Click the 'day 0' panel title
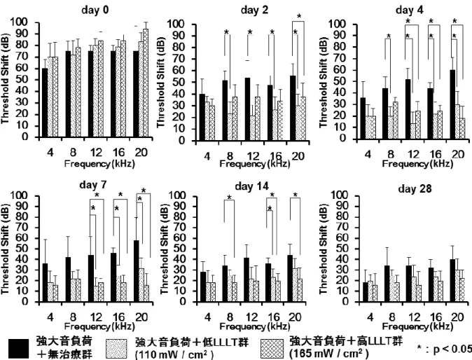95,10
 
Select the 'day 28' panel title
415,188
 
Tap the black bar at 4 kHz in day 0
45,103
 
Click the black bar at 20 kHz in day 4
452,104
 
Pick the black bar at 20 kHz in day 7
137,271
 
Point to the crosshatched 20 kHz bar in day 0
146,83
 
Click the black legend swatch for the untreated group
19,349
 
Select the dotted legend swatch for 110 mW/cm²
117,349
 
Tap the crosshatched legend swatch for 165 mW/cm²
272,349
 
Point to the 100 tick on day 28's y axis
339,196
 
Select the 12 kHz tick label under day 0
96,153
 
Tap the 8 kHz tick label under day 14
230,317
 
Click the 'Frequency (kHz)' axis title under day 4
417,164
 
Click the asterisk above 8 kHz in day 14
229,198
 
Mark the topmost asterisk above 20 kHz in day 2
299,16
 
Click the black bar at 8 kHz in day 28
387,284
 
